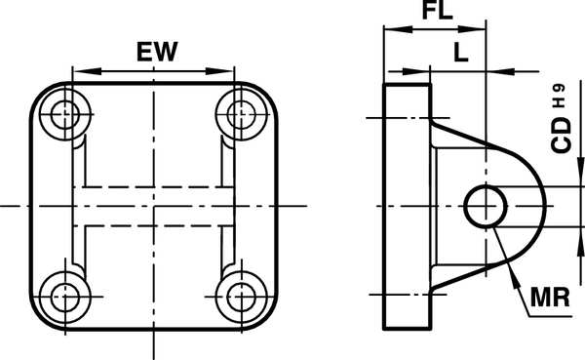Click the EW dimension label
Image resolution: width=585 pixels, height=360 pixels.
pyautogui.click(x=157, y=52)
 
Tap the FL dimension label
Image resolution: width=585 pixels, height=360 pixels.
pyautogui.click(x=437, y=10)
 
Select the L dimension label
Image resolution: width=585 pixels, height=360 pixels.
pyautogui.click(x=461, y=52)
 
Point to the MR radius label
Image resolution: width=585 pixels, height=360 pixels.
pyautogui.click(x=550, y=298)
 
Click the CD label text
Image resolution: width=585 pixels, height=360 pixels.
pyautogui.click(x=562, y=136)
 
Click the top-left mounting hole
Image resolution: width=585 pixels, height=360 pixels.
pyautogui.click(x=65, y=114)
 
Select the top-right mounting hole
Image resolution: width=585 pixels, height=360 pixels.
pyautogui.click(x=242, y=114)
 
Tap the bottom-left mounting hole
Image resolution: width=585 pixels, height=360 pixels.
pyautogui.click(x=65, y=297)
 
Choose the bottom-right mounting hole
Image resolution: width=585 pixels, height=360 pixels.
pyautogui.click(x=242, y=297)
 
